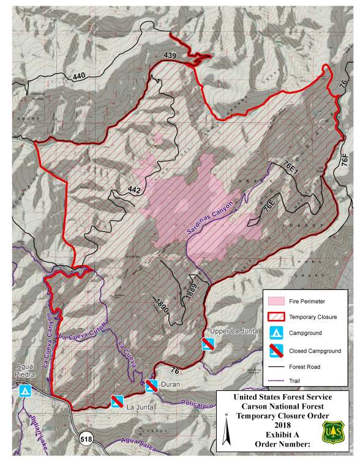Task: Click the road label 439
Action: (x=170, y=56)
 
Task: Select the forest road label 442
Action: (x=135, y=190)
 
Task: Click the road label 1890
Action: (x=161, y=303)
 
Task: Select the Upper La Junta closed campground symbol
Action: (x=209, y=345)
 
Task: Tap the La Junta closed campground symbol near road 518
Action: (x=117, y=401)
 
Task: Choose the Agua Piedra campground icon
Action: (x=25, y=390)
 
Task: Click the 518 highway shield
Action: (x=86, y=438)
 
